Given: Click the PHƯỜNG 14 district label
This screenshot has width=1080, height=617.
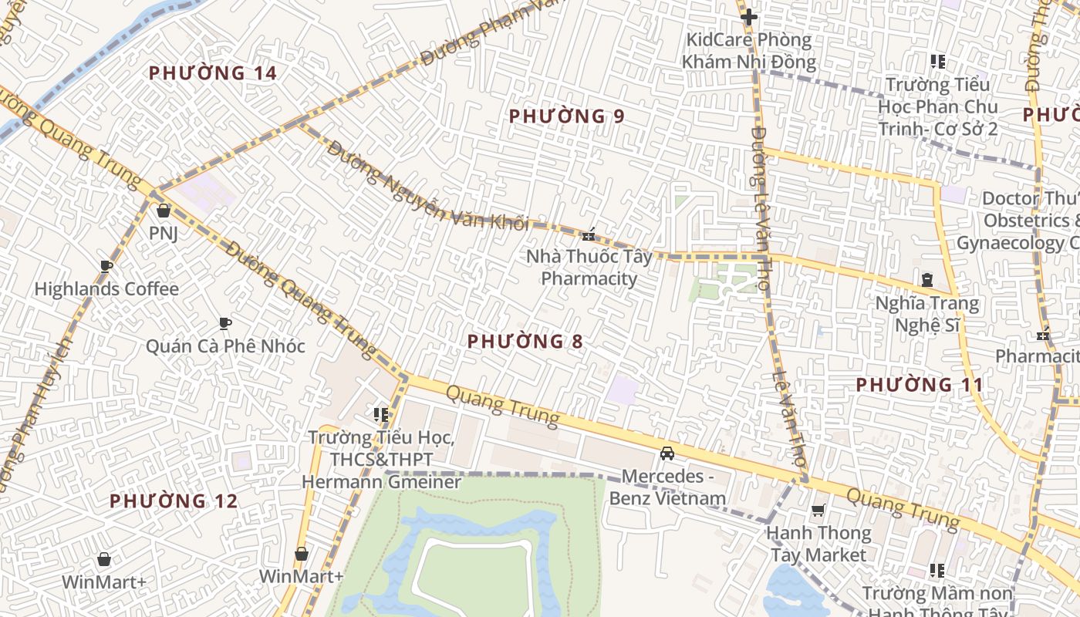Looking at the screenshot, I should tap(212, 73).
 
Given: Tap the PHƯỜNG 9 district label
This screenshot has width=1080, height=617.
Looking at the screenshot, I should tap(566, 116).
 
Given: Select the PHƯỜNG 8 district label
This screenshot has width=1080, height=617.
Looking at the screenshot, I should tap(525, 341).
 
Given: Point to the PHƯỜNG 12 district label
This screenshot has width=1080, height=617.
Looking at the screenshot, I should tap(174, 501).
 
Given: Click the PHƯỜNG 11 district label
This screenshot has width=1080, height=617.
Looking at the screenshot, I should tap(920, 384).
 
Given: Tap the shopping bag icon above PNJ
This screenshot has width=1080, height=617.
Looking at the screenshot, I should tap(164, 211).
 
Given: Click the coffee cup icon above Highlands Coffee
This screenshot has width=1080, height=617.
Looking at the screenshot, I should tap(106, 267).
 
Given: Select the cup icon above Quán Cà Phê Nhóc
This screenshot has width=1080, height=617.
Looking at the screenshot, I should tap(225, 323).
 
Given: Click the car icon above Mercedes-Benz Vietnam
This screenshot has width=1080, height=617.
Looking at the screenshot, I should tap(667, 453).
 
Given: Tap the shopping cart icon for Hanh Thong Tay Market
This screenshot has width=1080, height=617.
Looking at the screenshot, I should tap(818, 510).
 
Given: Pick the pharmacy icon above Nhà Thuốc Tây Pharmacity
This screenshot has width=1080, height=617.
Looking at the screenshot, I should tap(589, 234).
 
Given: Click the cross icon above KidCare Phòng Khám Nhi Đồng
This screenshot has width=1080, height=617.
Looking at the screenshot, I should tap(748, 16).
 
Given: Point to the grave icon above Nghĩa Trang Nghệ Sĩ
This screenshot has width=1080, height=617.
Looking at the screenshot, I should tap(926, 280).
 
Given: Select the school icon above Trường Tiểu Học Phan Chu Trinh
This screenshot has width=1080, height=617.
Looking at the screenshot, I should tap(937, 61).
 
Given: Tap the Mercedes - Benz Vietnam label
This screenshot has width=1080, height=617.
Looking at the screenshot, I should tap(668, 487).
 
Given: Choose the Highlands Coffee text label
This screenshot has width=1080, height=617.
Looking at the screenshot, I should tap(106, 290).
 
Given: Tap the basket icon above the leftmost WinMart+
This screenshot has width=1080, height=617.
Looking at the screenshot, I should tap(104, 559).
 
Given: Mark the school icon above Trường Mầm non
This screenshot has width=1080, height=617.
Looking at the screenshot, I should tap(937, 571).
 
